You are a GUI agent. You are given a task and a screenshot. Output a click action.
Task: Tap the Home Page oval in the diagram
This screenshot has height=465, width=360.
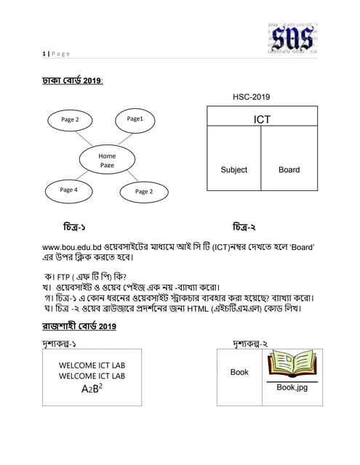[107, 161]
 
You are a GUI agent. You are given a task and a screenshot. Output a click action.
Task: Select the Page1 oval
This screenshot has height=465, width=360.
[135, 118]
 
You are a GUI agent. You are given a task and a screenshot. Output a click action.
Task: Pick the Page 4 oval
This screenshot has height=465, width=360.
[68, 190]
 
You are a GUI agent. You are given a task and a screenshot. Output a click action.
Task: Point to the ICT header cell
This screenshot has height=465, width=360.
[262, 118]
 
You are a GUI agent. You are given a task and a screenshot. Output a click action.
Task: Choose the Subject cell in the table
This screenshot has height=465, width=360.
[233, 170]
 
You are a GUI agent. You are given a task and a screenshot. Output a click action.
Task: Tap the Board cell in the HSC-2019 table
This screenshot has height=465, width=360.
[289, 170]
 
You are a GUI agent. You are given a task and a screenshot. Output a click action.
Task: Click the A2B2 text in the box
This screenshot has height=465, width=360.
[92, 388]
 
